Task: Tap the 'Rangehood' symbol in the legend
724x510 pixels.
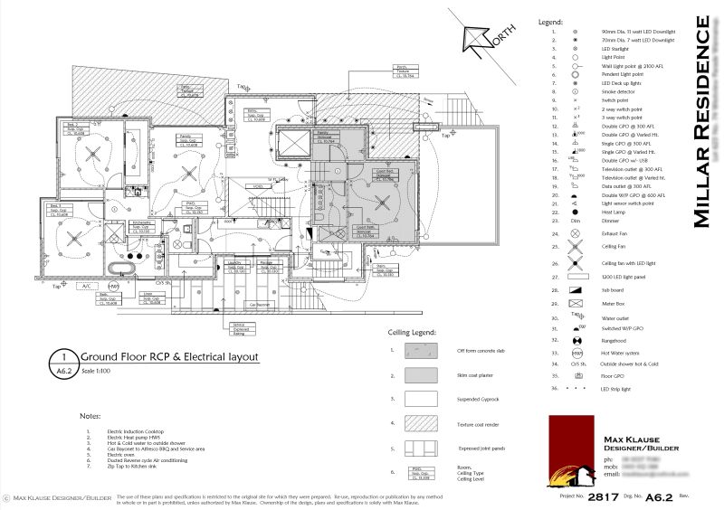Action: tap(576, 340)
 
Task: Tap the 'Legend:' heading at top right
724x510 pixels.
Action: tap(550, 20)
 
